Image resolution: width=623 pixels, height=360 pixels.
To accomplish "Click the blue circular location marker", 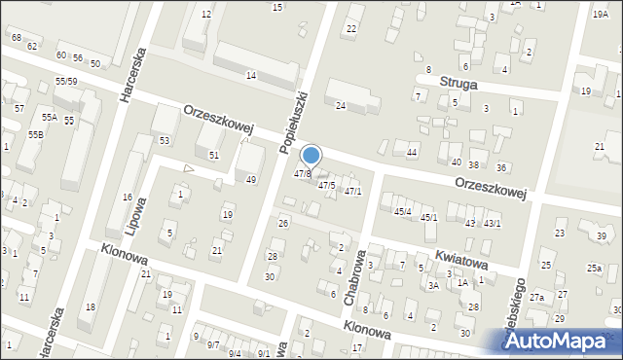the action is tap(311, 156).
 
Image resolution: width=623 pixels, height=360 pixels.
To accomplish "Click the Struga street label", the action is tap(458, 85).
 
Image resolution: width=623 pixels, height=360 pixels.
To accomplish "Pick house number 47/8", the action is tap(303, 174).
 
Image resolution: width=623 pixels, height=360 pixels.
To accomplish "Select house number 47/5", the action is tap(326, 185).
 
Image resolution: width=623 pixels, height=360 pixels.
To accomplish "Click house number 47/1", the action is tap(352, 191).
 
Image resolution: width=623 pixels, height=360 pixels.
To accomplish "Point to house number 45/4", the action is tap(402, 211).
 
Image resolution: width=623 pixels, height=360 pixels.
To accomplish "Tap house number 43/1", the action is tap(493, 223).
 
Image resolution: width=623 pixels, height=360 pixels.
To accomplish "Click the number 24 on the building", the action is tap(341, 105).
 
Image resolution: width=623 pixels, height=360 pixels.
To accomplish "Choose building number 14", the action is tap(251, 76).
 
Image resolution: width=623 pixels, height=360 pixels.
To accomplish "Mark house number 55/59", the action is tap(66, 81).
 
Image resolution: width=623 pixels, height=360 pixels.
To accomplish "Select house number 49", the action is tap(251, 180).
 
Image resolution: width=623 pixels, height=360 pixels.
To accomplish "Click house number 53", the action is tap(165, 141).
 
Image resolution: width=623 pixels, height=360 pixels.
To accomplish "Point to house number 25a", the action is tap(594, 268).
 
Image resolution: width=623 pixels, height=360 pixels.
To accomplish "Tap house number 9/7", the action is tap(211, 343).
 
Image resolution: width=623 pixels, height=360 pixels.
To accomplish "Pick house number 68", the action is tap(17, 37).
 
